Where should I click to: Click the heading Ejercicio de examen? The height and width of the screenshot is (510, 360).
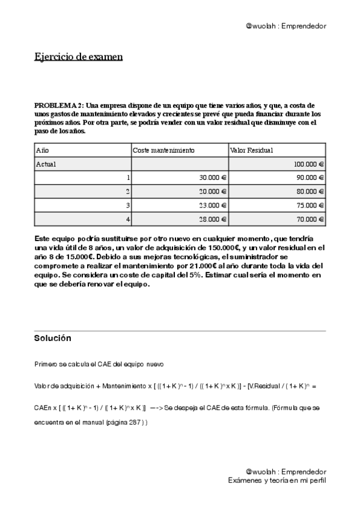coord(78,57)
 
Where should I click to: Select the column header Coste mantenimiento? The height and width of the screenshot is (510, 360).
coord(163,150)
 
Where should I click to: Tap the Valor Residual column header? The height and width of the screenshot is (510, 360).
coord(252,150)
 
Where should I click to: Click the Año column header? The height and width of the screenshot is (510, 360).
coord(42,150)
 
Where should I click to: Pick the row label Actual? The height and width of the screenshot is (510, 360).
coord(46,164)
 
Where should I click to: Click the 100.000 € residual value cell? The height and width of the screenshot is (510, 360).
coord(309,164)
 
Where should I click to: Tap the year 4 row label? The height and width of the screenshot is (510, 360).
coord(128,220)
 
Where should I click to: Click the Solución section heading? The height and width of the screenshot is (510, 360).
coord(53,339)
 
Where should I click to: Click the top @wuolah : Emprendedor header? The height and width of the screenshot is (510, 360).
coord(286,26)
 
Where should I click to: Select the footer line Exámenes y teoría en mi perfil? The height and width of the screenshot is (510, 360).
coord(277,481)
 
